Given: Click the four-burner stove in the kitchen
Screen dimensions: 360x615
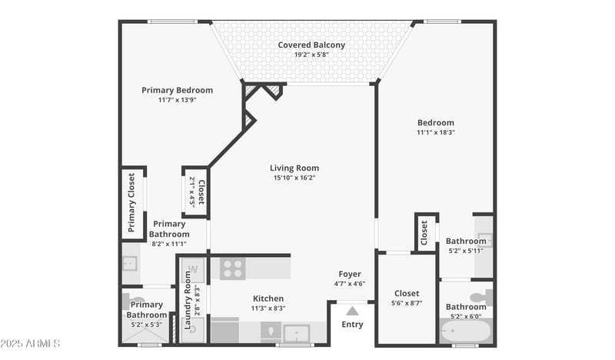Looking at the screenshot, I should (232, 268).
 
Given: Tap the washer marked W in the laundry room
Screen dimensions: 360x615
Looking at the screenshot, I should (193, 269).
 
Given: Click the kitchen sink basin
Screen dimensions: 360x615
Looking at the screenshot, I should (296, 334).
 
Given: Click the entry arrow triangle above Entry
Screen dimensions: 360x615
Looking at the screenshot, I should (352, 311).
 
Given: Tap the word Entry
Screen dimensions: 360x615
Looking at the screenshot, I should (352, 325).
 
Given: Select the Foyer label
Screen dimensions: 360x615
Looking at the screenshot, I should (349, 274).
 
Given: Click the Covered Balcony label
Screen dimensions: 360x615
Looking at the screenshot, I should (311, 45).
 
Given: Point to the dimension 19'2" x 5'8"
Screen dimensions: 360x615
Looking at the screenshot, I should (311, 55).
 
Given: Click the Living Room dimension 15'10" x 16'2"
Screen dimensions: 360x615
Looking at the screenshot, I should (294, 178).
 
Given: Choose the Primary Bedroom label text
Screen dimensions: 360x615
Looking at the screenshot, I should (177, 90).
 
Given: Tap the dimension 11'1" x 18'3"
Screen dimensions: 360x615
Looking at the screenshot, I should (435, 132).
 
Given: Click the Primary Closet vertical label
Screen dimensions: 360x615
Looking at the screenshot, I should (131, 202).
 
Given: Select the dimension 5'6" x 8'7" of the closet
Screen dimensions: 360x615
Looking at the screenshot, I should (407, 303).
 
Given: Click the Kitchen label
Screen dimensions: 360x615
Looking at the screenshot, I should (268, 298).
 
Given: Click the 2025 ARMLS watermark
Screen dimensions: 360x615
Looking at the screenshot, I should (31, 343).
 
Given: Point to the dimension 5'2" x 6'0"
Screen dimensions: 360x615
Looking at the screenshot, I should (466, 316).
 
